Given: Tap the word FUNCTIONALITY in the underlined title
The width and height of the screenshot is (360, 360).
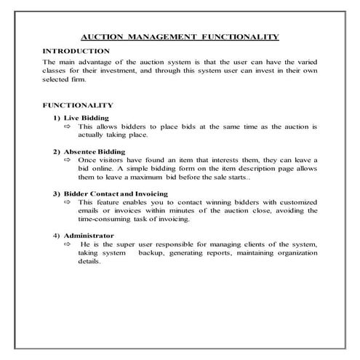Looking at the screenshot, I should click(241, 36).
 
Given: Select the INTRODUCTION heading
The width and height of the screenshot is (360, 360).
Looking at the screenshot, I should click(76, 51).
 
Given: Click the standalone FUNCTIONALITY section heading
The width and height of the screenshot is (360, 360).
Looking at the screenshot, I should click(79, 105).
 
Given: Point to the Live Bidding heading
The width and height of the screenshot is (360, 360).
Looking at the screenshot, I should click(86, 117).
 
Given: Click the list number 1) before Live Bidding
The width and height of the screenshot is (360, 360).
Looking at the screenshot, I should click(57, 117).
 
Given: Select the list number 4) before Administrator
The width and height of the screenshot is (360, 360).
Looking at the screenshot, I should click(57, 236).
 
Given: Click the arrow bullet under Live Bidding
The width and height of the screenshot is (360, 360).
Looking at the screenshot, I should click(68, 127).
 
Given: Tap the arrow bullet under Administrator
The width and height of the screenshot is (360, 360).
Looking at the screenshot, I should click(68, 245).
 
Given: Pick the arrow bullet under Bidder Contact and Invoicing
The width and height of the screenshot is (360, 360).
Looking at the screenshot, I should click(68, 202).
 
